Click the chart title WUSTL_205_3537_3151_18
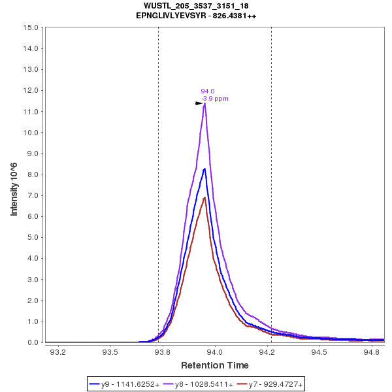coord(196,6)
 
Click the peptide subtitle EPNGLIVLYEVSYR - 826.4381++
coord(196,16)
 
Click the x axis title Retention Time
coord(214,365)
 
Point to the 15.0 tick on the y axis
coord(33,27)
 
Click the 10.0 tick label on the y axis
coord(33,133)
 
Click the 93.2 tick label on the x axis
coord(58,353)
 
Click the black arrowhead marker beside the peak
coord(199,103)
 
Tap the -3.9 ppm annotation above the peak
coord(215,99)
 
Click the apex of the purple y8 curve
coord(204,103)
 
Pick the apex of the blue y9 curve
coord(204,169)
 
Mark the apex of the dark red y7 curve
coord(204,197)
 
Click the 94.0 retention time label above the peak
coord(208,91)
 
